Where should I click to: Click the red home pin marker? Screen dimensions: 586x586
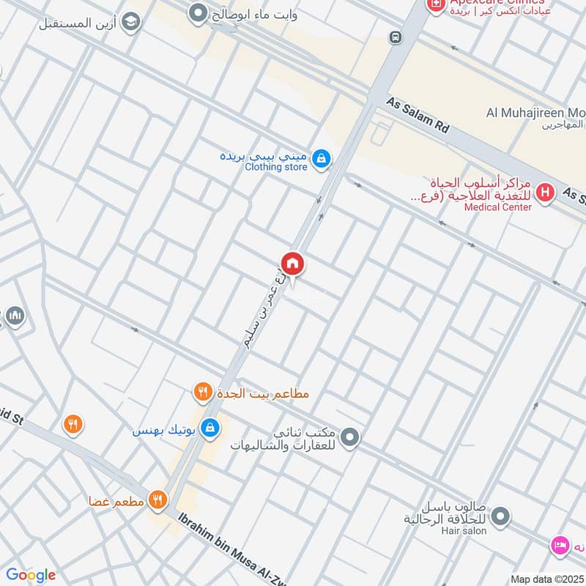pos(292,264)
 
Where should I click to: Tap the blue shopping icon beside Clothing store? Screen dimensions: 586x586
pos(320,157)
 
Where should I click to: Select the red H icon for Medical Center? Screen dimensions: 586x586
pos(544,193)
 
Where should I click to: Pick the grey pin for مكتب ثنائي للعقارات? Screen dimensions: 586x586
pos(351,437)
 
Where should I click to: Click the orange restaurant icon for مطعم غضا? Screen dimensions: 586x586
pos(157,500)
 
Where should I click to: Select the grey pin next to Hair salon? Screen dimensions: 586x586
pos(500,517)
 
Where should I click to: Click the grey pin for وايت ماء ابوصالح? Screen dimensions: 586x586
pos(196,12)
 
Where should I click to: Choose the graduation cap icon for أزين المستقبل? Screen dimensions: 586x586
pos(130,23)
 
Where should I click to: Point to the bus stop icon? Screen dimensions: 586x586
pos(396,37)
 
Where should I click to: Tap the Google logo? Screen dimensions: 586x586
pos(31,574)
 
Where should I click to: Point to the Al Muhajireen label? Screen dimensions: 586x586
pos(535,113)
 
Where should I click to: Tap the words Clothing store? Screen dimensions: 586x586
pos(275,167)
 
